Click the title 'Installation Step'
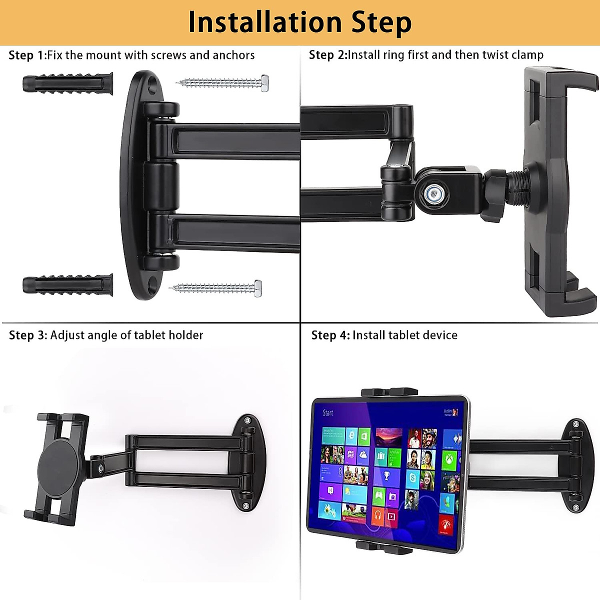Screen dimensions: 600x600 (x=300, y=22)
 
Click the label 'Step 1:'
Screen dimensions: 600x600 (x=27, y=55)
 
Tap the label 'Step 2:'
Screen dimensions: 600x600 (x=327, y=55)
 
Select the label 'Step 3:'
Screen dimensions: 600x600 (x=28, y=335)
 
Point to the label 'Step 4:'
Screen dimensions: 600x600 (x=330, y=335)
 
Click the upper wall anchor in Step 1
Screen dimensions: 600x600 (x=67, y=83)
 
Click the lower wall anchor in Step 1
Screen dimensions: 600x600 (x=67, y=285)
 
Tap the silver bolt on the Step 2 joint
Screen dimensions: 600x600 (x=431, y=192)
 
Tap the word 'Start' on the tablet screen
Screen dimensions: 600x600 (x=328, y=413)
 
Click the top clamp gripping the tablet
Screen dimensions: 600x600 (x=389, y=392)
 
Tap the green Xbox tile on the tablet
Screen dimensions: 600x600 (x=449, y=459)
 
